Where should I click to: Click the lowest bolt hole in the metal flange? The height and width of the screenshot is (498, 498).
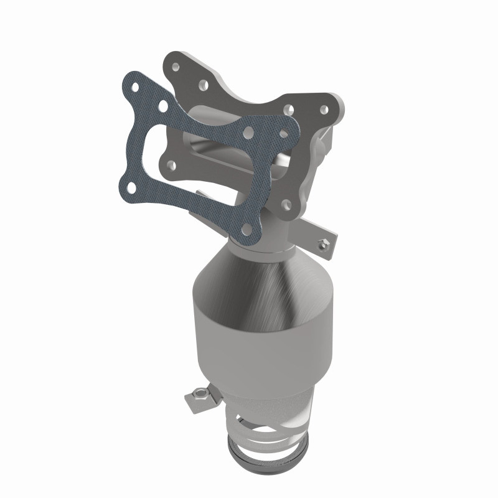click(286, 204)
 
